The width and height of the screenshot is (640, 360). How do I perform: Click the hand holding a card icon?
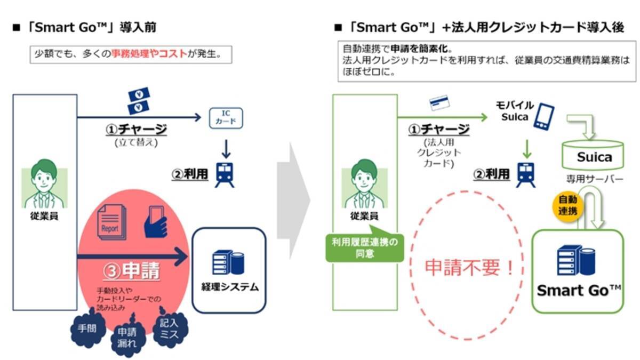(x=156, y=221)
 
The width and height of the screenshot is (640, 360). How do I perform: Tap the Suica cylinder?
(x=594, y=156)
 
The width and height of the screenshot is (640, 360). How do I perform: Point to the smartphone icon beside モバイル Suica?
(x=544, y=116)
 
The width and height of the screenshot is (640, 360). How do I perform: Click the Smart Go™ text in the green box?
(x=579, y=290)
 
